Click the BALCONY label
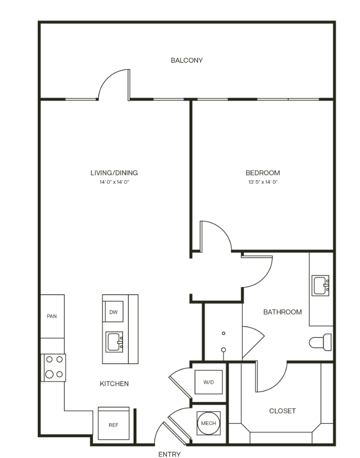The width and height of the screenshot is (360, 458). [187, 60]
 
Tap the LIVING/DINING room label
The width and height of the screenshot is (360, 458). [114, 172]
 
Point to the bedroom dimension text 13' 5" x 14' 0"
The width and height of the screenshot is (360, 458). [263, 182]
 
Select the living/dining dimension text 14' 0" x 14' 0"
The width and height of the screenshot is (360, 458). [114, 182]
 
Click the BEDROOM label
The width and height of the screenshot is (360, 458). [263, 172]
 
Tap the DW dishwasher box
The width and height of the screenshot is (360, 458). [113, 312]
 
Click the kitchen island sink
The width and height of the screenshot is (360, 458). [114, 342]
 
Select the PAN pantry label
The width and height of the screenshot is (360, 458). [52, 316]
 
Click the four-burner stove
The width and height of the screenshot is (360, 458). [55, 367]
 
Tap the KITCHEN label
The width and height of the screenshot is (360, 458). [114, 384]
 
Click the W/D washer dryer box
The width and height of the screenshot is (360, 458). [208, 382]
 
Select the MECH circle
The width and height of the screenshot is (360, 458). [208, 423]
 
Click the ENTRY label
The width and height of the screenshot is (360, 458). [169, 454]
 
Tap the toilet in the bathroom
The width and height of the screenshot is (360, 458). [320, 342]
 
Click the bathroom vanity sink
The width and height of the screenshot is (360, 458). [320, 286]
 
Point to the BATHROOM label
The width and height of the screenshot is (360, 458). [282, 312]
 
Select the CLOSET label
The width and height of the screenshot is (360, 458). [282, 411]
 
